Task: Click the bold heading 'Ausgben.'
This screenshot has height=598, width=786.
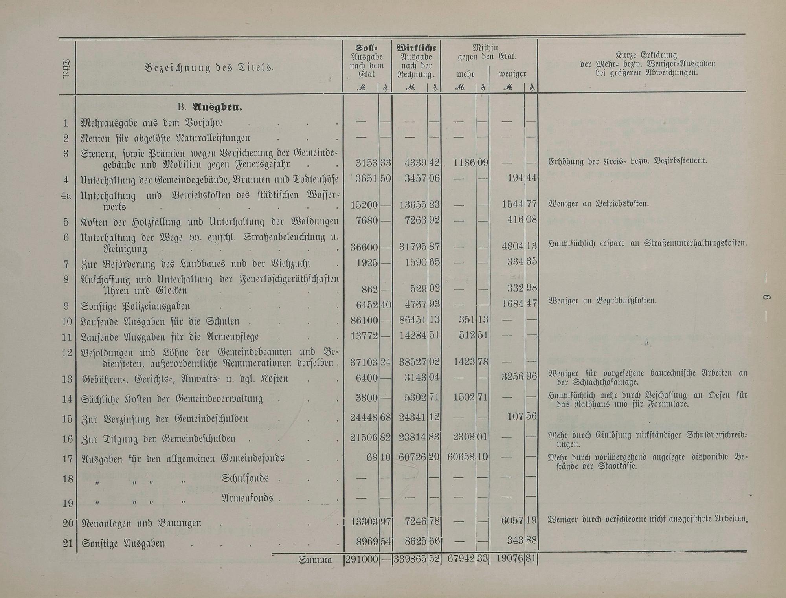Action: coord(217,107)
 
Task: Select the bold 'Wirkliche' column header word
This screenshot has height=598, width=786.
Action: coord(416,48)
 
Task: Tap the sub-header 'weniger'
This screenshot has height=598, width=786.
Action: coord(512,74)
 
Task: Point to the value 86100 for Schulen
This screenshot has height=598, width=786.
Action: coord(364,320)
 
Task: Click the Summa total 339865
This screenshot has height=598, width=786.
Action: coord(410,560)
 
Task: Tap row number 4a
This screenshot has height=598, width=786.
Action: coord(66,195)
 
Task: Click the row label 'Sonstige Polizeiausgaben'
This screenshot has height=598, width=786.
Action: coord(135,306)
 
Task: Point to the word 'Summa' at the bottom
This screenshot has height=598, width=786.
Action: coord(315,560)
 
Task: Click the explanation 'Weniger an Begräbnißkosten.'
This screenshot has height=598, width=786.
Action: coord(602,301)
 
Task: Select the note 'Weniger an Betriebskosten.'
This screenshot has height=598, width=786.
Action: coord(598,204)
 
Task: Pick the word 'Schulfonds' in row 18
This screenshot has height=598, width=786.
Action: coord(245,478)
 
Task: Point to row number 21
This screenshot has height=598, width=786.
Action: coord(68,543)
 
